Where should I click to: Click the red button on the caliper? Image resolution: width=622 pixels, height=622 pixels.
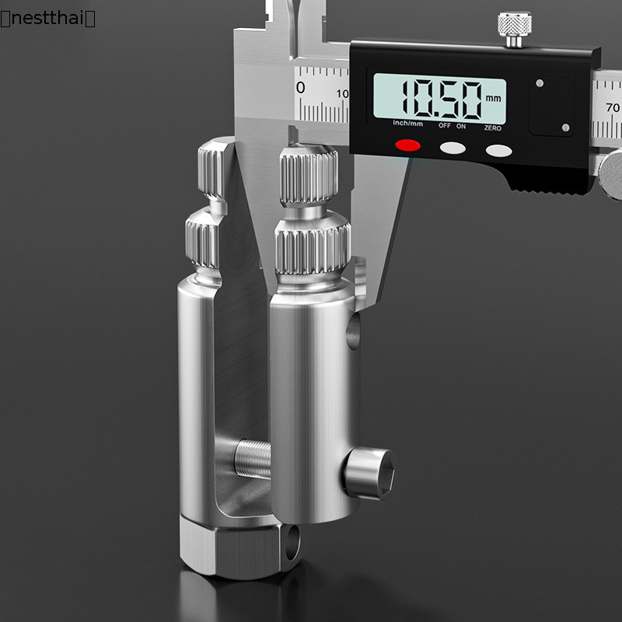[x=407, y=145]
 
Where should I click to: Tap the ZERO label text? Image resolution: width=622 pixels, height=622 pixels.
[x=492, y=128]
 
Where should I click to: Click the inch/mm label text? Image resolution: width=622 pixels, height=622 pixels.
[x=407, y=124]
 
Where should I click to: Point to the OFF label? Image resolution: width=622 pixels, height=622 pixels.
[x=444, y=126]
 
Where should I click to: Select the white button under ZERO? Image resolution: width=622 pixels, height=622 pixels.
[x=498, y=151]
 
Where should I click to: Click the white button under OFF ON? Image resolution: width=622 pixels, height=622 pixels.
[x=453, y=148]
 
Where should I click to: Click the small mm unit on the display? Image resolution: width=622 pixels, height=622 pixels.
[x=493, y=98]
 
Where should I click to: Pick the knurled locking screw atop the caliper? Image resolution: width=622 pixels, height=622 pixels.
[x=515, y=30]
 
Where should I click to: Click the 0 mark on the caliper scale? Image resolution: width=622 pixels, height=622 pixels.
[x=301, y=88]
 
